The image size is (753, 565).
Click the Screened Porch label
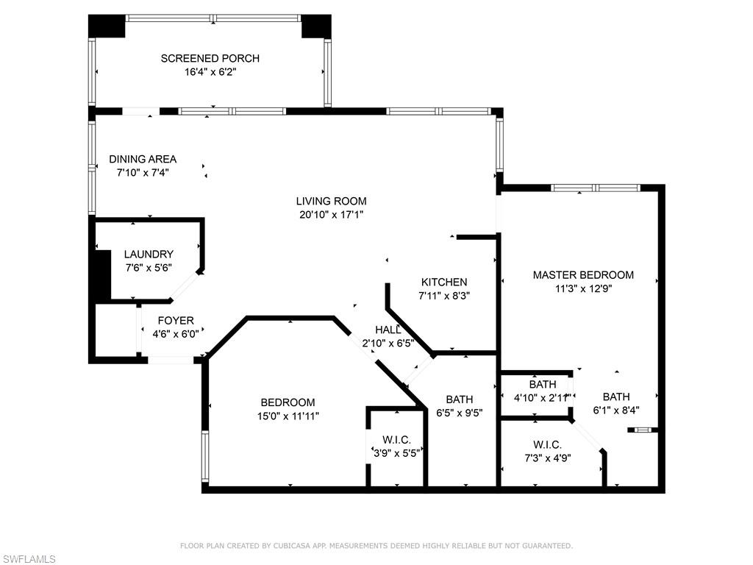[x=210, y=59]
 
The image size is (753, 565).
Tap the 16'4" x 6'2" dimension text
[x=210, y=72]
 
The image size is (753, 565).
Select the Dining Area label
[x=143, y=159]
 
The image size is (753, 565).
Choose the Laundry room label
[x=149, y=255]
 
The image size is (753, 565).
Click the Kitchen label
[x=443, y=282]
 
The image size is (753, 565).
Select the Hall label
[x=388, y=330]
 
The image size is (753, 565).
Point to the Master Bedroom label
[x=582, y=275]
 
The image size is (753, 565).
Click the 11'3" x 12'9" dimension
[x=582, y=288]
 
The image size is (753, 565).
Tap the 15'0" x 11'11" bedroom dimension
[x=288, y=416]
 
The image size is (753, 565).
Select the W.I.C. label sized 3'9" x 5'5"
[x=396, y=440]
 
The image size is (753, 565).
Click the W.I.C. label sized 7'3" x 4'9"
[x=547, y=444]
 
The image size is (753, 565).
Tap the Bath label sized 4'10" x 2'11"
[x=543, y=384]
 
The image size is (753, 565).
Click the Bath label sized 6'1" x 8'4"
[x=616, y=397]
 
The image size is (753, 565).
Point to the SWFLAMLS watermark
[x=29, y=559]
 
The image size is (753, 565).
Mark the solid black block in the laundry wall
[x=102, y=275]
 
